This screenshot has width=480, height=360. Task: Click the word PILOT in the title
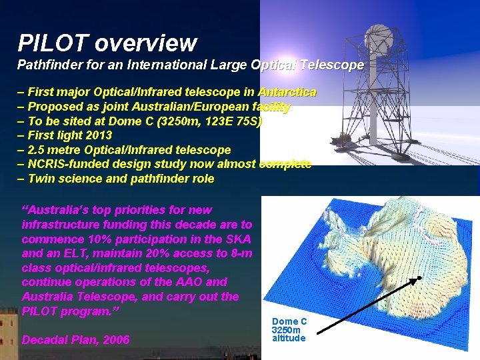[x=53, y=43]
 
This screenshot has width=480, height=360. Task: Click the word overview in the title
[x=145, y=43]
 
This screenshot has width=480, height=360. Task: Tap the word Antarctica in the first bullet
[x=287, y=92]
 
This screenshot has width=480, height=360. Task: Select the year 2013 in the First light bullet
[x=98, y=136]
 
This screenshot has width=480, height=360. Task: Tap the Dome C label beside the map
[x=289, y=321]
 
